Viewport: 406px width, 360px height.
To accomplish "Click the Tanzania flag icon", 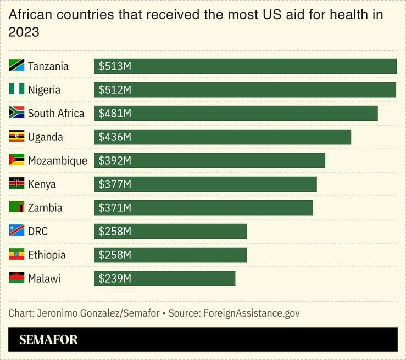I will pyautogui.click(x=16, y=66).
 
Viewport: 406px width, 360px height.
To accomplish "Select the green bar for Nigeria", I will pyautogui.click(x=245, y=90).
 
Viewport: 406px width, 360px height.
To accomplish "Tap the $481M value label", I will pyautogui.click(x=115, y=114).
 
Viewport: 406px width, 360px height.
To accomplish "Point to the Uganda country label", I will pyautogui.click(x=46, y=137).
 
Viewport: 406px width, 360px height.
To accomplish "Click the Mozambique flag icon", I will pyautogui.click(x=16, y=160).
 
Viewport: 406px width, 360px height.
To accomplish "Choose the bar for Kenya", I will pyautogui.click(x=205, y=184).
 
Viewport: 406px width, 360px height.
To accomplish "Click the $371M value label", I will pyautogui.click(x=115, y=208).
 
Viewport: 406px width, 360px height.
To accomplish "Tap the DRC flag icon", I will pyautogui.click(x=16, y=231).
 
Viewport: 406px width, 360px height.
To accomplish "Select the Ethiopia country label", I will pyautogui.click(x=47, y=255).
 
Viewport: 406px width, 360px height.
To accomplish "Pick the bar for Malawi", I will pyautogui.click(x=165, y=279).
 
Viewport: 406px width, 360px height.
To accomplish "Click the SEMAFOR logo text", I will pyautogui.click(x=48, y=340).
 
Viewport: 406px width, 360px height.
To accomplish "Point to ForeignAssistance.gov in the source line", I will pyautogui.click(x=252, y=313).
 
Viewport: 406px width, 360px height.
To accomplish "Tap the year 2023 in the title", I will pyautogui.click(x=24, y=32).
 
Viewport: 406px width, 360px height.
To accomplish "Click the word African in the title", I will pyautogui.click(x=30, y=15).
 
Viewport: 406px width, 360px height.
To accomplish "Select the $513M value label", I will pyautogui.click(x=115, y=66).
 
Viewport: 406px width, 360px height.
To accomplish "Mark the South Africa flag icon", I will pyautogui.click(x=16, y=113).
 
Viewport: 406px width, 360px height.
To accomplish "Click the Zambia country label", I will pyautogui.click(x=45, y=208).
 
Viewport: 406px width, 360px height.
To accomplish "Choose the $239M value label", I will pyautogui.click(x=115, y=279).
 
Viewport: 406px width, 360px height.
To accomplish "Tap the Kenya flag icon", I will pyautogui.click(x=16, y=184).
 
